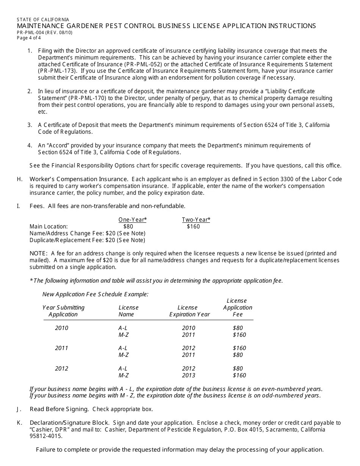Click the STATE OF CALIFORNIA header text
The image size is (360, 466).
coord(43,19)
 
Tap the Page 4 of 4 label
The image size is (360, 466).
coord(29,38)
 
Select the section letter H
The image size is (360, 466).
coord(19,179)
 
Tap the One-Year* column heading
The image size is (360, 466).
coord(132,220)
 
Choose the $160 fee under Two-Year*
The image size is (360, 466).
coord(193,227)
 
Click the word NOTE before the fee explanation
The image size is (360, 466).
coord(38,253)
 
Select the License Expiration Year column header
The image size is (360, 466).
coord(189,311)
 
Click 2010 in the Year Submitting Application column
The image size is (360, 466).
coord(62,328)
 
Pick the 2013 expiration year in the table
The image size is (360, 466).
coord(188,375)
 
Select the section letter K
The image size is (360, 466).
coord(19,423)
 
